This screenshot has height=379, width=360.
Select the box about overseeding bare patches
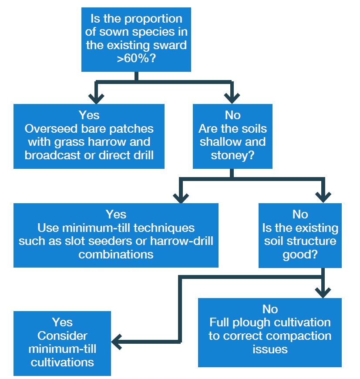(89, 136)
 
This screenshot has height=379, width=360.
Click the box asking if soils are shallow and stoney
(232, 136)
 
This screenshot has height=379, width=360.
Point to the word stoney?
(232, 155)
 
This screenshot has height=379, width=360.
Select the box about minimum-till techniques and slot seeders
(116, 235)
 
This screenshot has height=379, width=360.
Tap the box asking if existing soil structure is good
(300, 235)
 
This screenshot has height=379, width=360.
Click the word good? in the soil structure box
(300, 255)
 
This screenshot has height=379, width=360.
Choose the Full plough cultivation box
(269, 332)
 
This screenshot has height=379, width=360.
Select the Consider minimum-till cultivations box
(62, 343)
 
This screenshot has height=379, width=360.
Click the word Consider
(62, 336)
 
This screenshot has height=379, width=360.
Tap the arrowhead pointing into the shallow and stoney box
(231, 97)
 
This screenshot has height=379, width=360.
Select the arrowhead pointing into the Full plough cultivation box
(323, 291)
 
